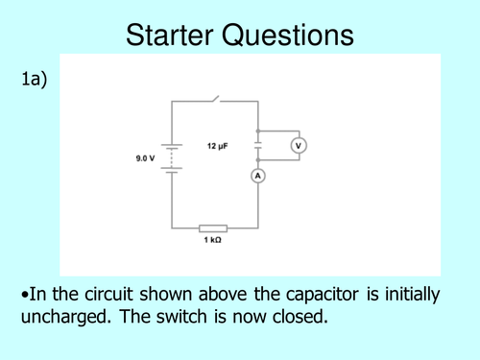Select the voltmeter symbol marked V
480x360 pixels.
pyautogui.click(x=299, y=146)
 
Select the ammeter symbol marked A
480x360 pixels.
pyautogui.click(x=257, y=175)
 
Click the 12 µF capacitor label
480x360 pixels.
pyautogui.click(x=218, y=146)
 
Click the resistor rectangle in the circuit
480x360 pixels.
pyautogui.click(x=213, y=228)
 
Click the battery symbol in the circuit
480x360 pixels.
pyautogui.click(x=172, y=158)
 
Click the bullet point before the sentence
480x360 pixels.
pyautogui.click(x=21, y=296)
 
